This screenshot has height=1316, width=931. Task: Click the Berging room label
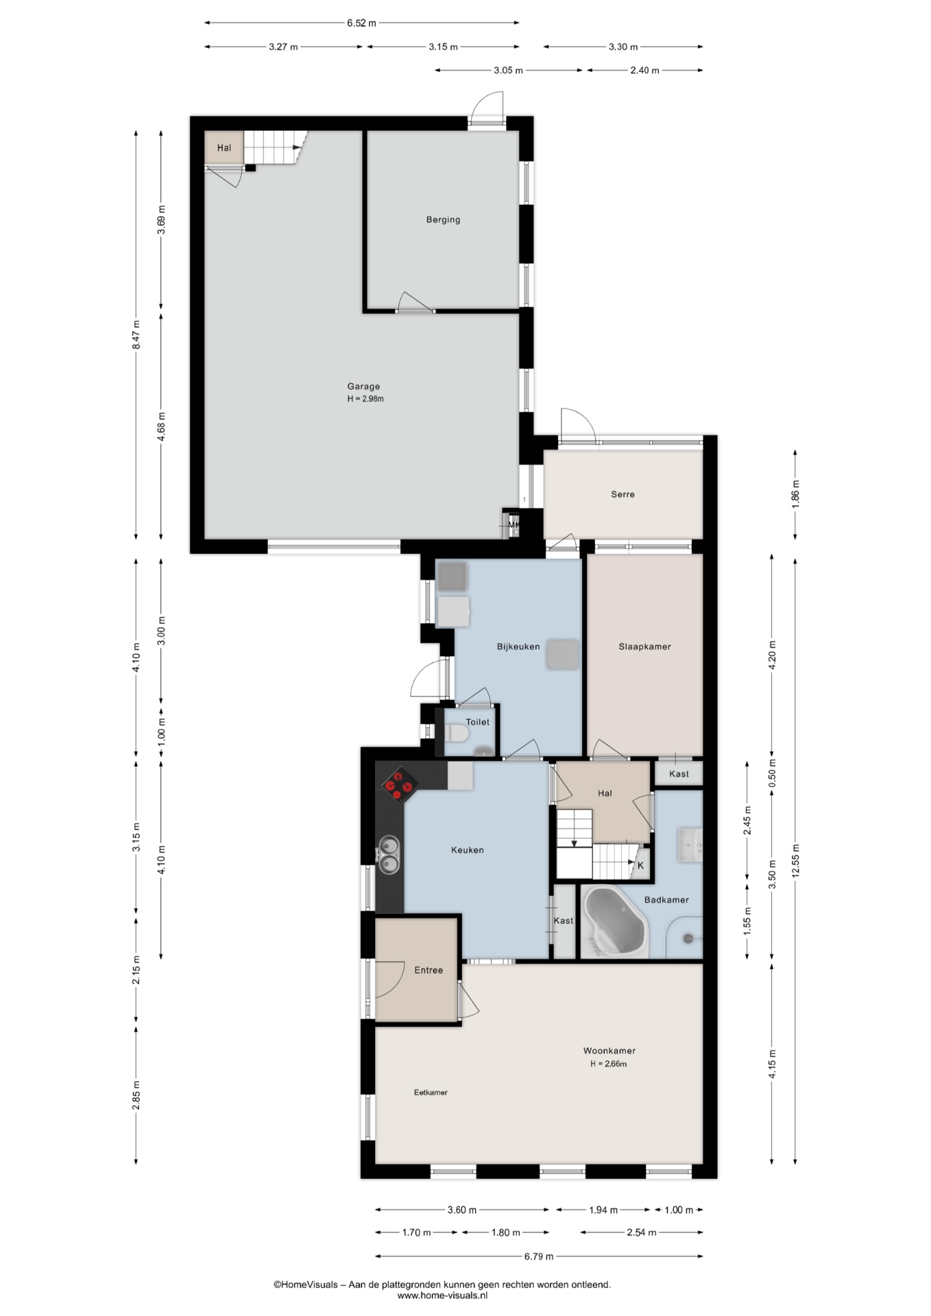tap(443, 220)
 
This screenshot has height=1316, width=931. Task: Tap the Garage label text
tap(363, 387)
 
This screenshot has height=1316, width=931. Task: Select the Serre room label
tap(622, 494)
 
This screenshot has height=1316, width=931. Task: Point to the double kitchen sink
tap(389, 855)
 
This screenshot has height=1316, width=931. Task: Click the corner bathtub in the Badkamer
tap(615, 923)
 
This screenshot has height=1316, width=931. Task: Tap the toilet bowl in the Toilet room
tap(457, 734)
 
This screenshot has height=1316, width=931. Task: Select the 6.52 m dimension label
tap(361, 23)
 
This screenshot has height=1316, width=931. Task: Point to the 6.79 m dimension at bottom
tap(539, 1256)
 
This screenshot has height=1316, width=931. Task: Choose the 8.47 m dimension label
tap(136, 335)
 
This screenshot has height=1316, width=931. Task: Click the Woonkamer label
tap(609, 1051)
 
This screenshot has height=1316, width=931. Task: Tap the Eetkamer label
tap(431, 1093)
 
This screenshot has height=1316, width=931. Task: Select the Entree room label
tap(428, 971)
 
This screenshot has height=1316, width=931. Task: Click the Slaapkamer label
tap(644, 646)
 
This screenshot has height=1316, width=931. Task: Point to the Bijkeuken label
tap(518, 646)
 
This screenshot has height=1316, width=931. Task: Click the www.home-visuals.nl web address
tap(442, 1295)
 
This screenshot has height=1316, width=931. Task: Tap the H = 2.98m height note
tap(365, 399)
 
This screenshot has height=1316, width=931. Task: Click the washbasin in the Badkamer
tap(690, 844)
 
